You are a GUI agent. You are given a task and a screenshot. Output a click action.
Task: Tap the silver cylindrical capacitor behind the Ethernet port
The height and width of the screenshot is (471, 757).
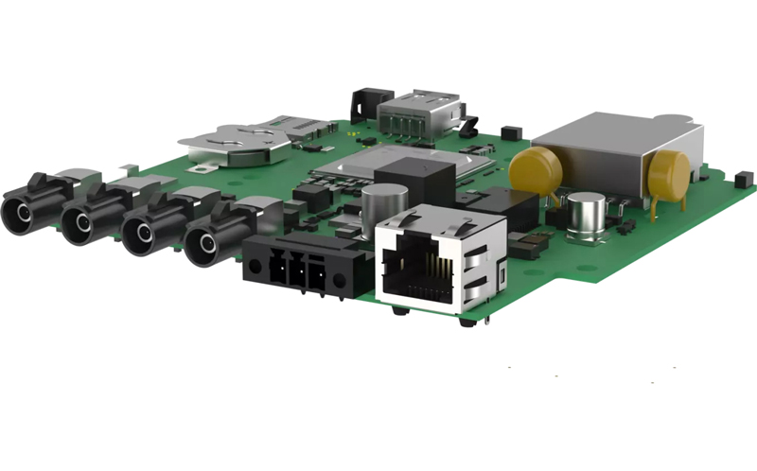click(x=383, y=201)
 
